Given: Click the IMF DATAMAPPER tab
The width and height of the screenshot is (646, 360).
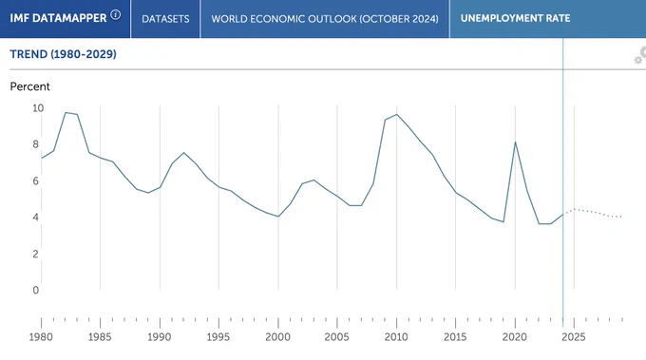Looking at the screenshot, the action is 66,19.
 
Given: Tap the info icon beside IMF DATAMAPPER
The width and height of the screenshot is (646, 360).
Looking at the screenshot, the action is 116,15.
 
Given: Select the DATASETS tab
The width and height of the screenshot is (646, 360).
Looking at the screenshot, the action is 165,19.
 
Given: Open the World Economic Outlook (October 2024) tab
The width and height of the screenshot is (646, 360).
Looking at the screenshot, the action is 325,19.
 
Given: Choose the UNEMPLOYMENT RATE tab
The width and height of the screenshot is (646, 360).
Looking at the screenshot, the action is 516,19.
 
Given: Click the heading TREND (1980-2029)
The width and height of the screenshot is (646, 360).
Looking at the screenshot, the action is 63,54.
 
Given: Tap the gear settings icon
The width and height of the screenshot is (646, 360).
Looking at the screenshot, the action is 639,56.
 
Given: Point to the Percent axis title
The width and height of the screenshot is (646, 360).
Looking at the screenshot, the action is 29,86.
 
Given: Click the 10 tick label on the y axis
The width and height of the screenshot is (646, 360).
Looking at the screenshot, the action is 37,108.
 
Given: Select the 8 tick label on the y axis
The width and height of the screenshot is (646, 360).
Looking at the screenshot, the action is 36,144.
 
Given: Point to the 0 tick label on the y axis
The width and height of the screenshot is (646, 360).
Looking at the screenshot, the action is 36,290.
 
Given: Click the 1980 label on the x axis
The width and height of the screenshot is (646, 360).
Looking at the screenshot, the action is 41,337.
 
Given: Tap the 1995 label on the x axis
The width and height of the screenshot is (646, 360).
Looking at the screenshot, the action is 218,337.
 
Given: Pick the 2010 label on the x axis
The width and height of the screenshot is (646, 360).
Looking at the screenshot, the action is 396,337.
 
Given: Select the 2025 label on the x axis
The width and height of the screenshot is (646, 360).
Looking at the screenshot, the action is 574,337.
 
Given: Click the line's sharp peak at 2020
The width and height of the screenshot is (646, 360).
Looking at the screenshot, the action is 515,142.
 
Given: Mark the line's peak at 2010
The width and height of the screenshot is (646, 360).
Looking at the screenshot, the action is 397,114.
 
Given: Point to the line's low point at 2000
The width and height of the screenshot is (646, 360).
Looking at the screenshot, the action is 278,217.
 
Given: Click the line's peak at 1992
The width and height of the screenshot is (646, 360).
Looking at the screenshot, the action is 183,153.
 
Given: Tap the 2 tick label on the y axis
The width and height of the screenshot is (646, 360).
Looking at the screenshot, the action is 36,254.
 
